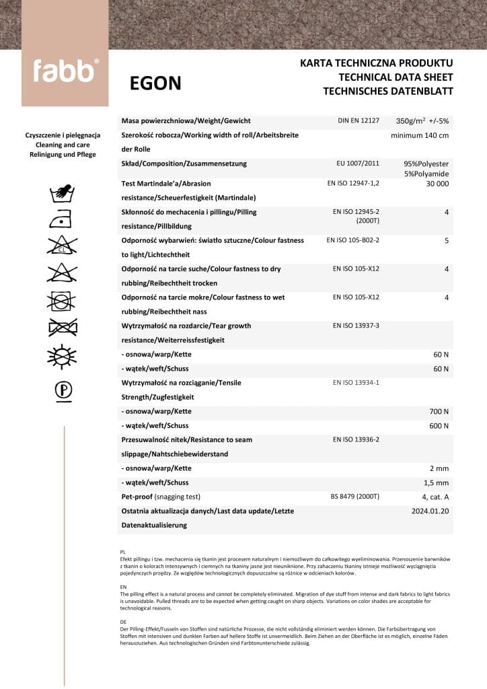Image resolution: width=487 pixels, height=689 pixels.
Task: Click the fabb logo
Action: click(65, 70)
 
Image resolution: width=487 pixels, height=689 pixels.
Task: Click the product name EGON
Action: click(155, 83)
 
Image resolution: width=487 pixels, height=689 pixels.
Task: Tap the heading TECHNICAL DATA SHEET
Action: click(396, 77)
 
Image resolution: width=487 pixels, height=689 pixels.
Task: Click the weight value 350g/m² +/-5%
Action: click(422, 121)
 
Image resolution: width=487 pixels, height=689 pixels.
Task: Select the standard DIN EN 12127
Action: click(359, 120)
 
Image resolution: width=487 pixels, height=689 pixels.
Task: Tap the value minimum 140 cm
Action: click(420, 135)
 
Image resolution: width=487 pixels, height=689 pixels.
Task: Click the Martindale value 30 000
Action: click(437, 183)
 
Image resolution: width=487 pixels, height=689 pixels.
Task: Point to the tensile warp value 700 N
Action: click(439, 411)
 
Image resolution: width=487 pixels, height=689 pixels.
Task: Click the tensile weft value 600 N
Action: click(439, 426)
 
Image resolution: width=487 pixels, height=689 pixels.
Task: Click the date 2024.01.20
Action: click(429, 511)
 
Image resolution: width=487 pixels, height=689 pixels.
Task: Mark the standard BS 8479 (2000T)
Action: click(355, 497)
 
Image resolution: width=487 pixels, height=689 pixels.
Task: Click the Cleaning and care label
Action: click(63, 145)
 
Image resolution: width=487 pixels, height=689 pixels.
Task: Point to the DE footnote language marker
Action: click(122, 622)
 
